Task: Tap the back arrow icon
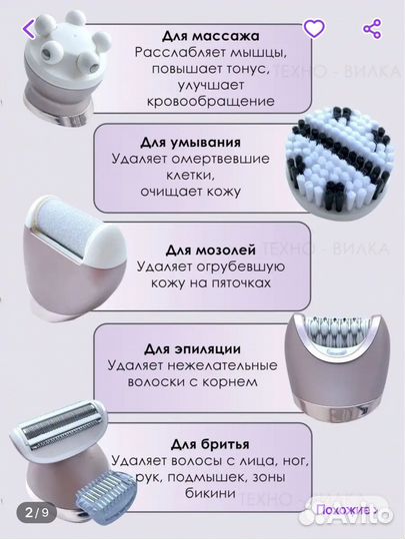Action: tap(31, 28)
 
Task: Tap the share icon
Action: tap(373, 28)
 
